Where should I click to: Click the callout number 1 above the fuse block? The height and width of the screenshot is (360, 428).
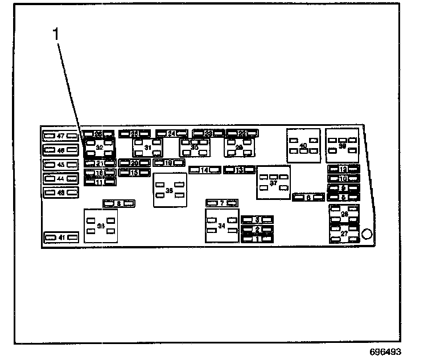coord(56,35)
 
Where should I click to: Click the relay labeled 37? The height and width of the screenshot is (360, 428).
coord(273,183)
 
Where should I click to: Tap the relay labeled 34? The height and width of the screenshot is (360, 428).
coord(222,226)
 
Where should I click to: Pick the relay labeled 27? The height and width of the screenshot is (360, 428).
coord(344,234)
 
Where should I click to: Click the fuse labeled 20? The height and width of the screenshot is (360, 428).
coord(135,163)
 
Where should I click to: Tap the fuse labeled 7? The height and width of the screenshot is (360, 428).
coord(221,203)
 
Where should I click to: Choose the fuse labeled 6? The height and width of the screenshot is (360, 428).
coord(308,197)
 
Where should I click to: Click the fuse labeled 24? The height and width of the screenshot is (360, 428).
coord(171,134)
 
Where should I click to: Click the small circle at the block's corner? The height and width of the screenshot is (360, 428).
coord(367,234)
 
